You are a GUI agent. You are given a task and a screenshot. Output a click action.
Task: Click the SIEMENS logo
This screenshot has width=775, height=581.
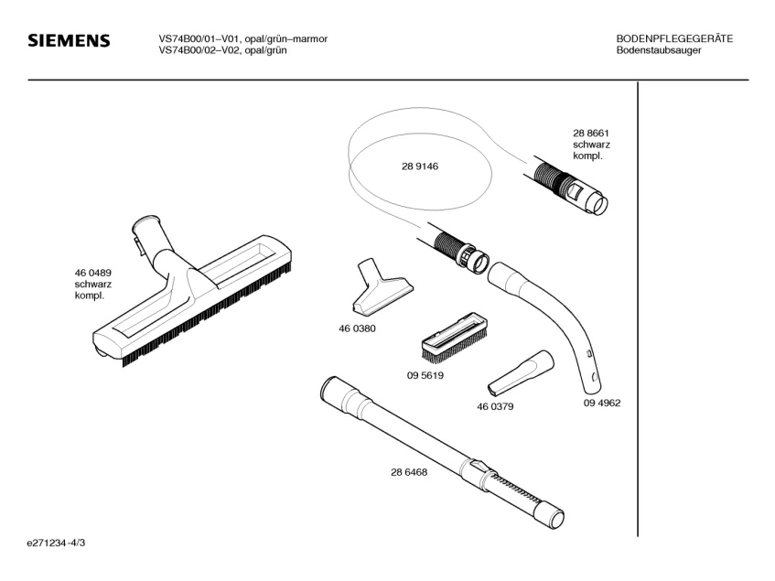click(x=70, y=42)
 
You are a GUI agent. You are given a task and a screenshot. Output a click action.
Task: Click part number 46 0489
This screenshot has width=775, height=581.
click(x=92, y=273)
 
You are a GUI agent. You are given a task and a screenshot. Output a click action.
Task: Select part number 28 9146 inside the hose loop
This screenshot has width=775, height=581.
click(x=420, y=167)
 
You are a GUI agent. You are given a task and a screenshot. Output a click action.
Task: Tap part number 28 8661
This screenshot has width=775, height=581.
click(x=591, y=134)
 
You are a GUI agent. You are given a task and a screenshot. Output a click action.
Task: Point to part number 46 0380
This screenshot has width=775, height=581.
click(x=357, y=328)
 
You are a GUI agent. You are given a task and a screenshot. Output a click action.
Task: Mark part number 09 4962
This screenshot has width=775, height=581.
click(x=602, y=403)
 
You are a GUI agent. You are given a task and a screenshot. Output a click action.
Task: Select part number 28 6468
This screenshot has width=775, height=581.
click(x=409, y=472)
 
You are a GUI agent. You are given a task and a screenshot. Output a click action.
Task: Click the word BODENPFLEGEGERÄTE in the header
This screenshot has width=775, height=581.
click(x=674, y=38)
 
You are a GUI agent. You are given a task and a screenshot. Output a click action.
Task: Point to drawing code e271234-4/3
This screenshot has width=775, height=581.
click(x=58, y=543)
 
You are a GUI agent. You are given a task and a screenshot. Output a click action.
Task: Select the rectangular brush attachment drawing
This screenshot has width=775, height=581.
click(x=454, y=336)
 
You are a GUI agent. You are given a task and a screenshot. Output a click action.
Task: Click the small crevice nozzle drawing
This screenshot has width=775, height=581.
click(x=520, y=370)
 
